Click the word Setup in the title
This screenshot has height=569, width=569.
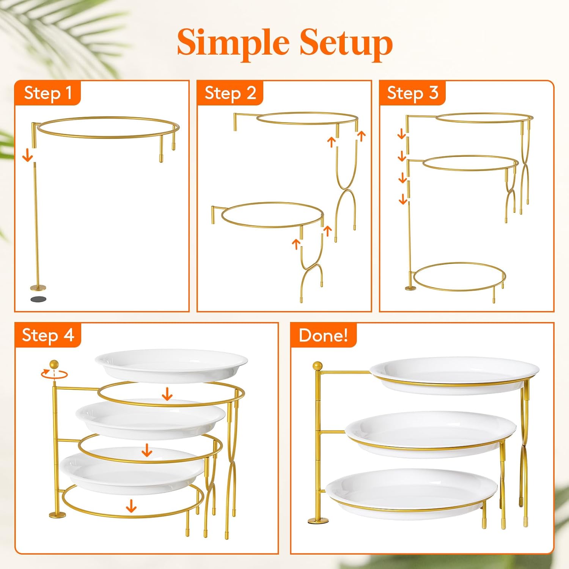[346, 42]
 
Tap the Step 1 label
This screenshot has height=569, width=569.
[48, 93]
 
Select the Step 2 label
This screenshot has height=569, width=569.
[230, 93]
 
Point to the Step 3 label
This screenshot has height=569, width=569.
[413, 93]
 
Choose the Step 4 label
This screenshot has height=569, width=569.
[48, 335]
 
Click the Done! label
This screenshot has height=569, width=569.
[323, 335]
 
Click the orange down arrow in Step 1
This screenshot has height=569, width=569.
[27, 155]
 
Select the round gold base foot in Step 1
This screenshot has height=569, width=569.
[38, 288]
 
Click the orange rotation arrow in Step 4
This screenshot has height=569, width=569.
[54, 374]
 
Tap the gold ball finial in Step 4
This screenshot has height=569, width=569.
[54, 364]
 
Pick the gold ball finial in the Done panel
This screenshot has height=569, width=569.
[318, 366]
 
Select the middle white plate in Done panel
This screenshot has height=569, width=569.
[431, 432]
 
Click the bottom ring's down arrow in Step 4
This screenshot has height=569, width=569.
[131, 506]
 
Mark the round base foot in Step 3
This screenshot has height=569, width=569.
[410, 288]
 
